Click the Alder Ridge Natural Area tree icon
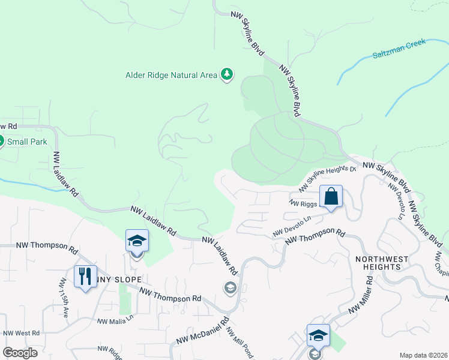(227, 74)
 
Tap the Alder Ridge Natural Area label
(170, 75)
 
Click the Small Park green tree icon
(1, 142)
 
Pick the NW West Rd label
(21, 333)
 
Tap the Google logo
(20, 352)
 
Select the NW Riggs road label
(303, 203)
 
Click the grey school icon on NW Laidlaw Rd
(229, 289)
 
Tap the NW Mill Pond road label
(240, 343)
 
